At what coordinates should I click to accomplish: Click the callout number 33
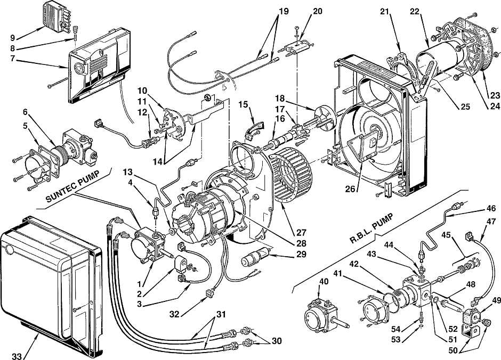(18, 355)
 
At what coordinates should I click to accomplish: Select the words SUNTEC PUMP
(73, 187)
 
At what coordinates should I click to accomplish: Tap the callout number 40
(324, 282)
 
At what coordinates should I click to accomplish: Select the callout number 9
(13, 38)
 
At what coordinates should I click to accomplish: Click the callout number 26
(350, 189)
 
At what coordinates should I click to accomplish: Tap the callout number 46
(491, 209)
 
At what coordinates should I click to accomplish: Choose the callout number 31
(221, 314)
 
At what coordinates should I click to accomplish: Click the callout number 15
(244, 104)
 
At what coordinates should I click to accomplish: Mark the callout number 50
(453, 350)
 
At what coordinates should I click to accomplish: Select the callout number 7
(13, 59)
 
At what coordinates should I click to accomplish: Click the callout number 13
(127, 173)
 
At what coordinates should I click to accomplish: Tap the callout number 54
(396, 329)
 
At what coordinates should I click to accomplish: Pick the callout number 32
(174, 314)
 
